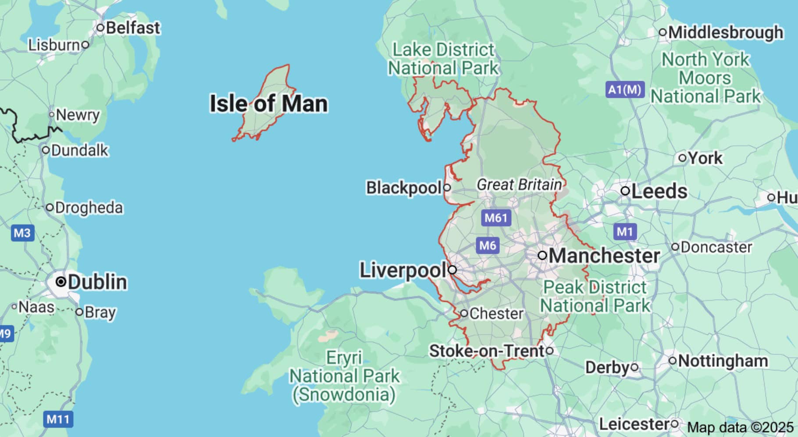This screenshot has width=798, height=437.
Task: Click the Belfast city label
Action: pos(133,28)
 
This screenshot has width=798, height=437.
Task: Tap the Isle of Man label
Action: pos(269,104)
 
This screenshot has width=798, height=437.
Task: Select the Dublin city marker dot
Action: pos(61,282)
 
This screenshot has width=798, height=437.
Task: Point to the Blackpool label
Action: pos(404,188)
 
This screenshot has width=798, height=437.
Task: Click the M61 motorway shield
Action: pos(496,218)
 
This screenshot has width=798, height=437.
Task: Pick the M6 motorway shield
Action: pos(488,245)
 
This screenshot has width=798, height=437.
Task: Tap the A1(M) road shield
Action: pos(625,90)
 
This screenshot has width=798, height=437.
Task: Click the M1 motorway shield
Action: pos(625,231)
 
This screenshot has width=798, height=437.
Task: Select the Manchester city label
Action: pos(604,256)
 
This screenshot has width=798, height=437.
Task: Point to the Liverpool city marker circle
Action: pos(452,270)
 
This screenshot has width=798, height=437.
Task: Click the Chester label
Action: pos(496,314)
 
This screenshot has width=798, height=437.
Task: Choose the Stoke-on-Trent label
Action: pos(487,351)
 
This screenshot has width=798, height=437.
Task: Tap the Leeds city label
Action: pos(659,191)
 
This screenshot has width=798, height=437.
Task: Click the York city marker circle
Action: pos(682,158)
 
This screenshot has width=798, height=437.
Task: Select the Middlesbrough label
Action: pos(726,32)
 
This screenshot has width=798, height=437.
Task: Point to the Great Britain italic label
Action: pos(519,185)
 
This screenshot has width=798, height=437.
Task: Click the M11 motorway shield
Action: pos(58,419)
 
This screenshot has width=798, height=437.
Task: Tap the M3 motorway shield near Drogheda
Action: pos(22,233)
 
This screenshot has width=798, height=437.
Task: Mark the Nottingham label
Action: pos(723,361)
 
